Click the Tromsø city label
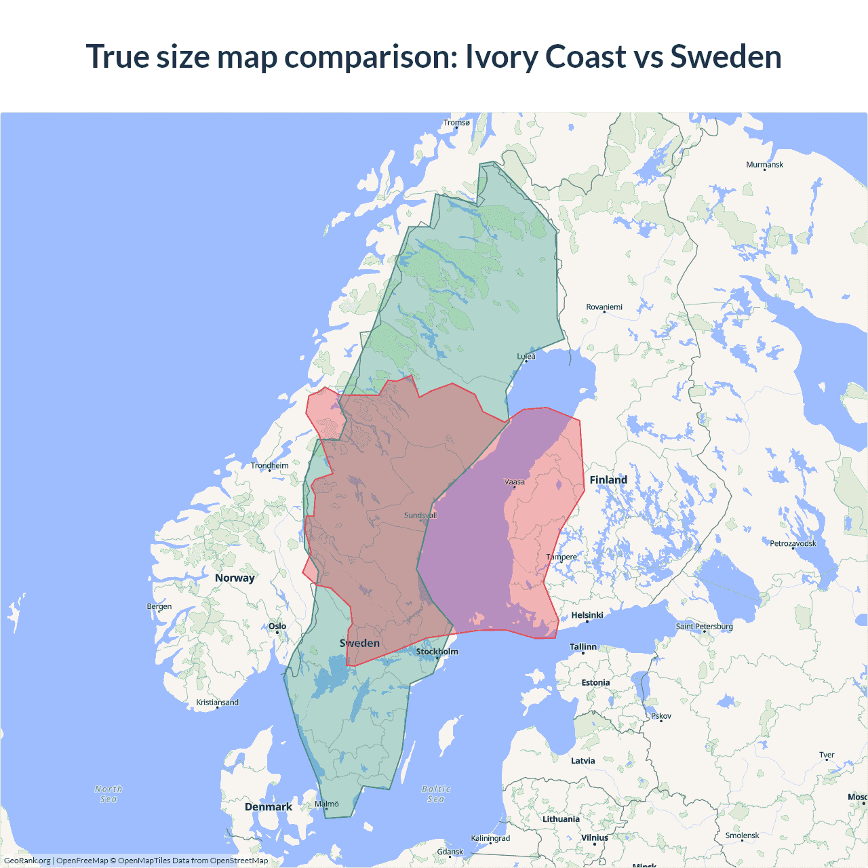(x=456, y=123)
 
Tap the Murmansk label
(x=764, y=165)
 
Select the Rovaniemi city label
(x=604, y=307)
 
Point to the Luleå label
(x=526, y=356)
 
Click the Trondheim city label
(x=269, y=465)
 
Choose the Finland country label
(x=608, y=480)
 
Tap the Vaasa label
(x=515, y=482)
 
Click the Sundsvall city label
(x=420, y=515)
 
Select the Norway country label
(x=235, y=578)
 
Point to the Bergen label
(x=159, y=606)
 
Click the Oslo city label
(x=277, y=627)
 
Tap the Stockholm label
(x=437, y=652)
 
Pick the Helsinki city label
(x=587, y=615)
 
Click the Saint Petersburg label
(x=704, y=626)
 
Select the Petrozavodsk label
(x=793, y=543)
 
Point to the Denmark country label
(x=269, y=807)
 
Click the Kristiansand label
(x=218, y=703)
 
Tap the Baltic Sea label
(x=436, y=793)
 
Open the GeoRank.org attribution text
(x=27, y=861)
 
